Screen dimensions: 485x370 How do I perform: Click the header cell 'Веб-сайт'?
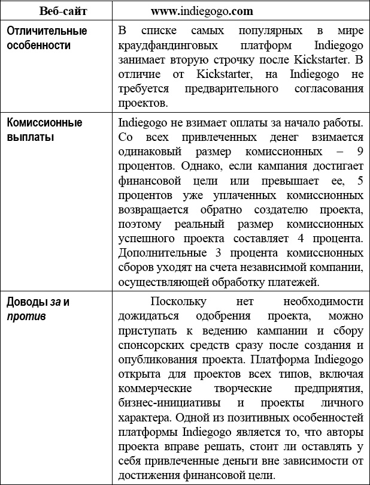tap(58, 11)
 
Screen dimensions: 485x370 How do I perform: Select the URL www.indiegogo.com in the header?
tap(202, 11)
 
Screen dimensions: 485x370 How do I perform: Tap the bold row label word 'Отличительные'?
tap(47, 31)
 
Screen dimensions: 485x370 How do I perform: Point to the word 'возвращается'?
tap(154, 210)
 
